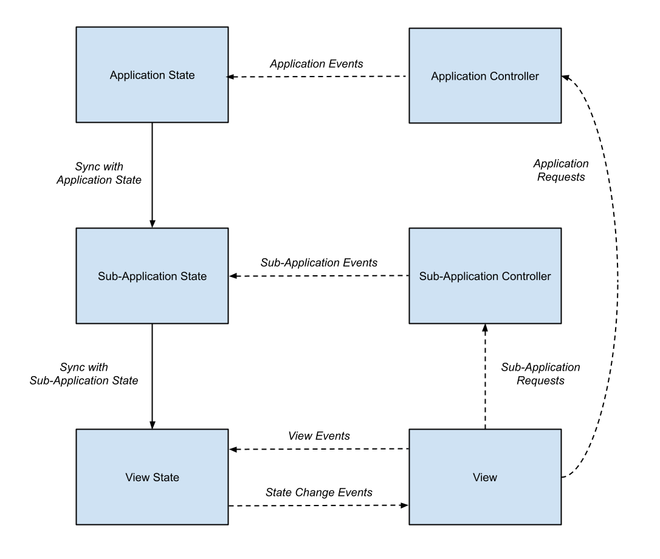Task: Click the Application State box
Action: (x=152, y=75)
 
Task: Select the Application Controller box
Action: (x=485, y=76)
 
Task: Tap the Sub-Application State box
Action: (x=152, y=276)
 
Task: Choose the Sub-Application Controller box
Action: (x=485, y=276)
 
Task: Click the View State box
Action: (x=152, y=477)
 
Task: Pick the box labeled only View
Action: (x=485, y=477)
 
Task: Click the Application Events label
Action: (x=317, y=64)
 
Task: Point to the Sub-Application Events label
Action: (x=319, y=262)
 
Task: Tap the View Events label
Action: (x=319, y=436)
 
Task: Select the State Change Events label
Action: (x=319, y=492)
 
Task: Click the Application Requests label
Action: (x=561, y=170)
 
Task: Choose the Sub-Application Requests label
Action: (x=540, y=374)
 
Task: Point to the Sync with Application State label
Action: (x=99, y=173)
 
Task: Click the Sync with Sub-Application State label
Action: (x=84, y=374)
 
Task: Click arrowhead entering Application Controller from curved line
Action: (x=565, y=77)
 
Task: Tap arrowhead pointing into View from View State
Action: (x=405, y=505)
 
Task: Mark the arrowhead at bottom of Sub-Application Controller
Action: (x=485, y=328)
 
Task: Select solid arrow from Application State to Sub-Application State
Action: (x=152, y=175)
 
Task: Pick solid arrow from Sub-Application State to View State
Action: (x=152, y=376)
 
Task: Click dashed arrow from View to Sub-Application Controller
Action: (x=485, y=376)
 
